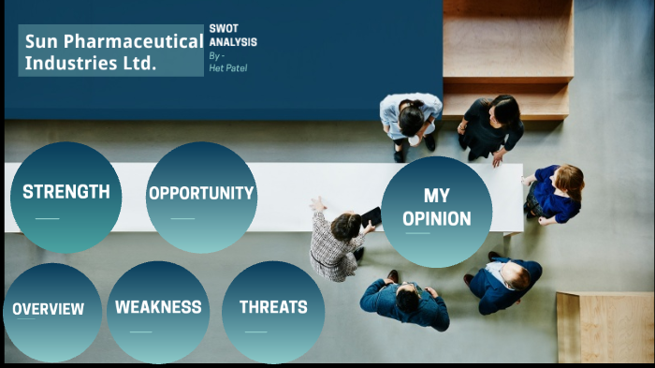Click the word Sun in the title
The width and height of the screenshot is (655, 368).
click(41, 41)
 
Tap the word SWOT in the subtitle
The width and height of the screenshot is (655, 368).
click(224, 29)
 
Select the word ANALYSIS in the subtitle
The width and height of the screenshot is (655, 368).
click(233, 42)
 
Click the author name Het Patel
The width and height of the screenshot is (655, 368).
click(228, 67)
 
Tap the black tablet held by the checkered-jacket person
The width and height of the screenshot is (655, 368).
click(371, 216)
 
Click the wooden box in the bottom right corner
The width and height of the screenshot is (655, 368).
click(604, 328)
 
